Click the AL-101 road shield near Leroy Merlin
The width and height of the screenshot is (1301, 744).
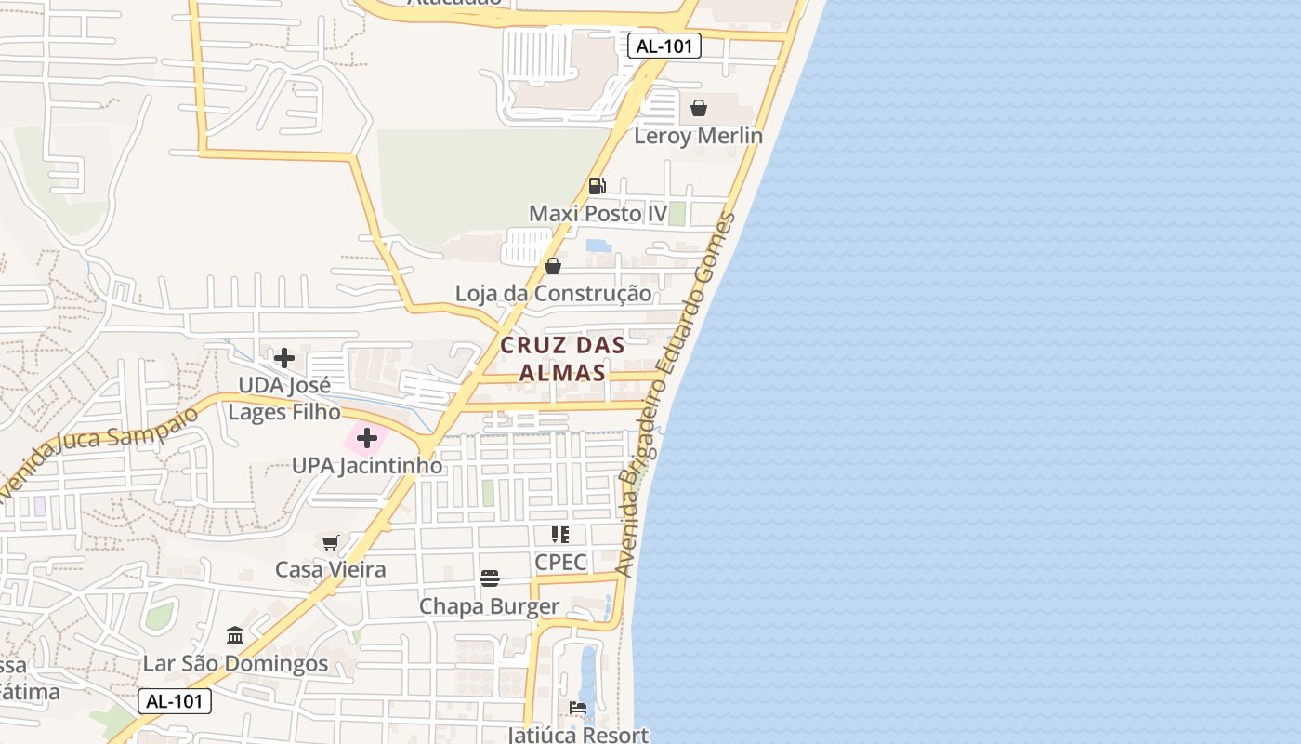[664, 46]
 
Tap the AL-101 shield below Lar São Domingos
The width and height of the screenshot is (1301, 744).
[175, 701]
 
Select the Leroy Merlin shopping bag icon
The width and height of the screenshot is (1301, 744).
[699, 109]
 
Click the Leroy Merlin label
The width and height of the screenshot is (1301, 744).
[698, 136]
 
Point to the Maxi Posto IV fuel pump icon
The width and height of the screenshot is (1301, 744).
[598, 186]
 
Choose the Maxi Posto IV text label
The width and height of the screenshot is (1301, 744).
[598, 214]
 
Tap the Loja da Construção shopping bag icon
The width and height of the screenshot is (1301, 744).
[553, 267]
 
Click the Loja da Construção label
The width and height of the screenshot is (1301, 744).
[553, 294]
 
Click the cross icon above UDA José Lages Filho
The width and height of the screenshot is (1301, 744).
[284, 358]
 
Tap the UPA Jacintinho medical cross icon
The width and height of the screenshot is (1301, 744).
[367, 438]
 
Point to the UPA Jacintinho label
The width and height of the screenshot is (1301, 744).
[367, 465]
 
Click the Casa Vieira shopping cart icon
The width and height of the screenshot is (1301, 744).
[330, 542]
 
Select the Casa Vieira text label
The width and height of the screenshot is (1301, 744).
[330, 569]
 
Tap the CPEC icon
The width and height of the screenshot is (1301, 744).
[560, 535]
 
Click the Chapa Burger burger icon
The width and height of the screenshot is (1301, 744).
[490, 578]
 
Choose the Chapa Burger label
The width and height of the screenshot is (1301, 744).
[489, 606]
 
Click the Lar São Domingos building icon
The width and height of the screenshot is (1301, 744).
[235, 636]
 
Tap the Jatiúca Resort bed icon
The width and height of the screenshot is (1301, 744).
[578, 709]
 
